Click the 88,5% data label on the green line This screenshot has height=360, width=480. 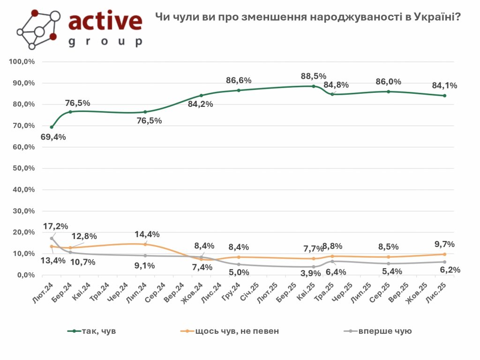(314, 76)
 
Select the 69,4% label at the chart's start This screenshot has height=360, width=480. (53, 137)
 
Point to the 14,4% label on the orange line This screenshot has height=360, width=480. (147, 234)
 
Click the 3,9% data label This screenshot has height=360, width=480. (310, 273)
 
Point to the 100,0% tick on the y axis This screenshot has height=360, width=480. (22, 62)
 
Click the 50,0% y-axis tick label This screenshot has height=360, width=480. (24, 168)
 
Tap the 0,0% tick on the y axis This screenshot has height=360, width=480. (26, 275)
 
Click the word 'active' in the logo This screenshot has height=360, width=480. (105, 22)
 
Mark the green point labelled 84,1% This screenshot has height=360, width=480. (444, 96)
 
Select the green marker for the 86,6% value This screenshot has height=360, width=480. (239, 90)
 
